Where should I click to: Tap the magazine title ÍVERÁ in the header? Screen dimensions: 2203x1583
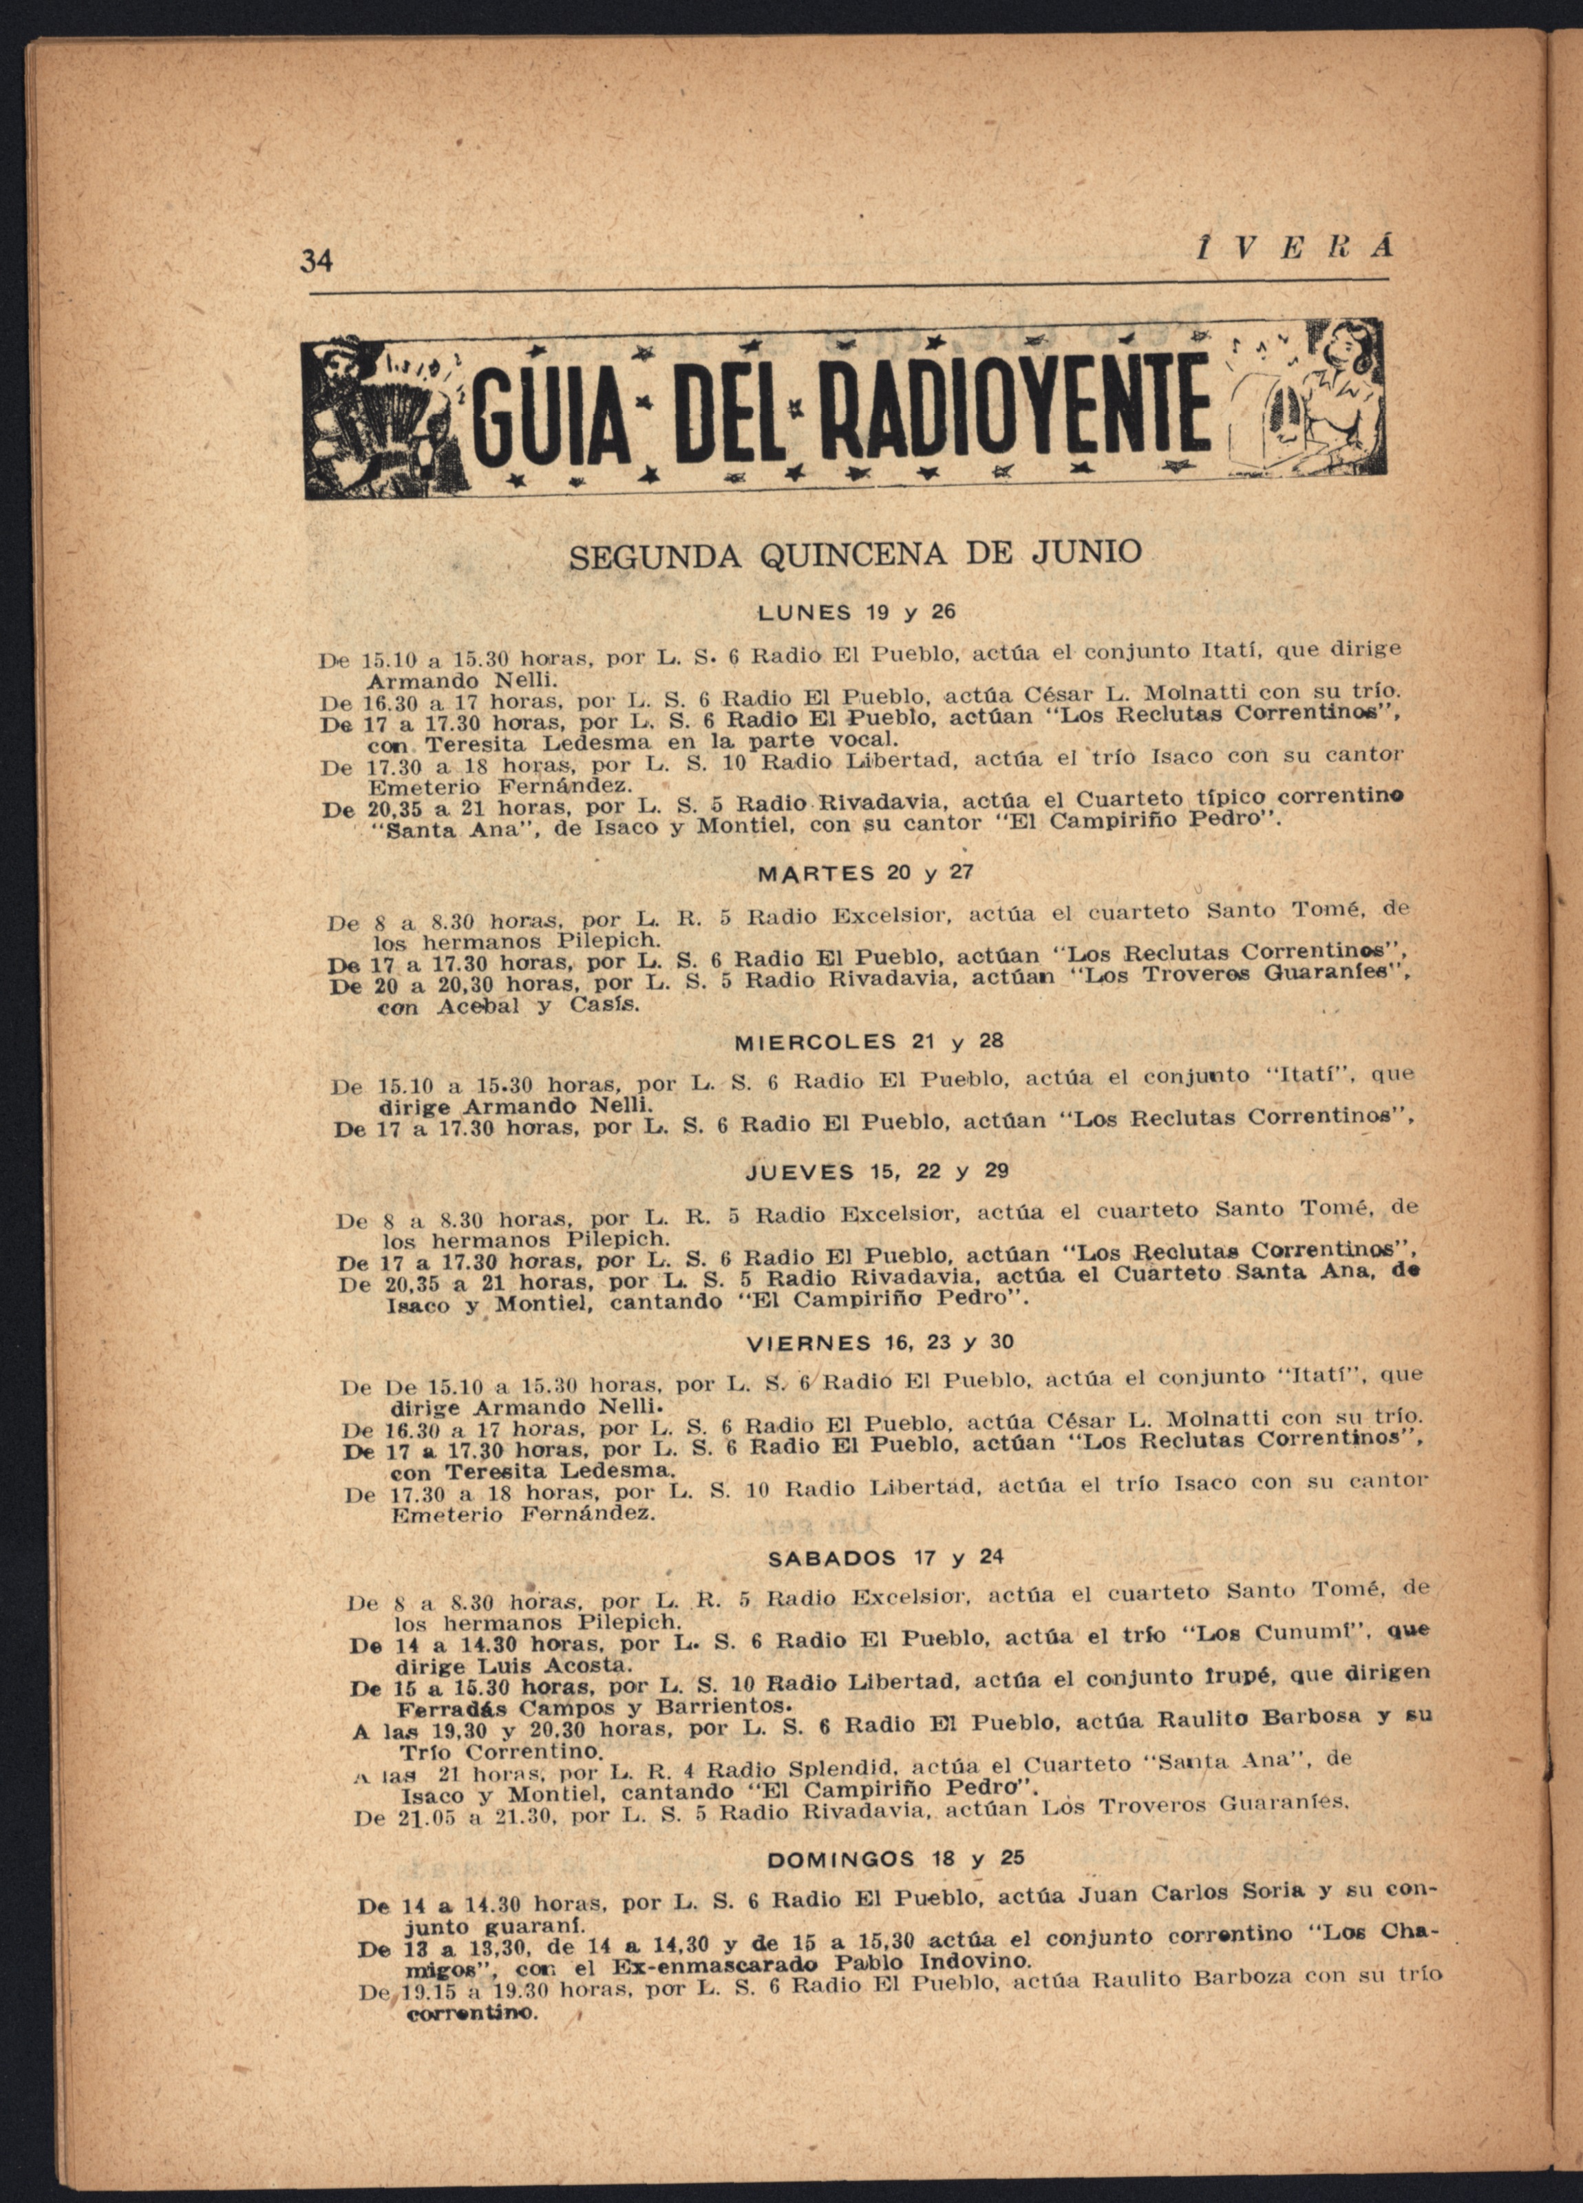1292,249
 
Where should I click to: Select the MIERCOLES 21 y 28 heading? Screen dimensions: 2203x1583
868,1042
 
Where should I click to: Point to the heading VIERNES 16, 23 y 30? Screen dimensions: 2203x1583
880,1342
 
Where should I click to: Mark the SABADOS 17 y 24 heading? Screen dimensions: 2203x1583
884,1558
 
